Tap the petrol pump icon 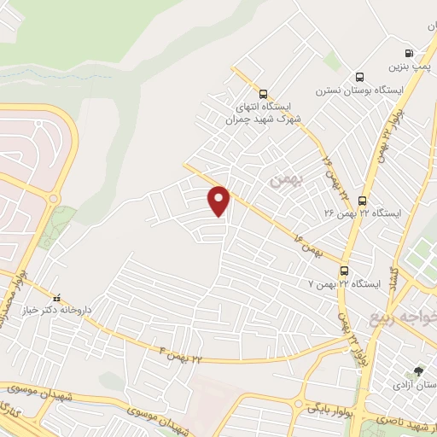point(409,52)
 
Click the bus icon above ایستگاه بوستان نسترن point(359,76)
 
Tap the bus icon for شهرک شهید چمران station point(262,94)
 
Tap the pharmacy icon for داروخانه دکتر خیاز point(57,300)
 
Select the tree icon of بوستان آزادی point(418,371)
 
